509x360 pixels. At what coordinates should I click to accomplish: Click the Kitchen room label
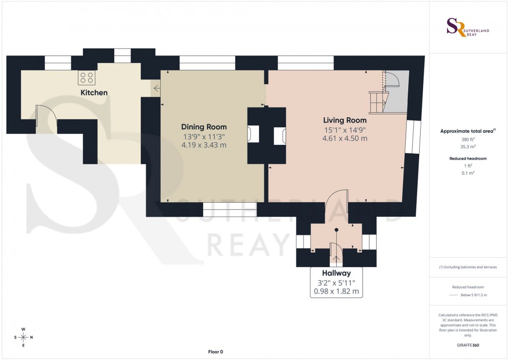click(94, 92)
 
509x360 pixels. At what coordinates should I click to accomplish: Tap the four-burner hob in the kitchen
click(86, 77)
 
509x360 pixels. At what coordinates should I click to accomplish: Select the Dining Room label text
click(204, 127)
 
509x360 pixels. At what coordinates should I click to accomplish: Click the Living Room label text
click(345, 120)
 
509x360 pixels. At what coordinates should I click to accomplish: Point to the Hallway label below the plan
click(336, 273)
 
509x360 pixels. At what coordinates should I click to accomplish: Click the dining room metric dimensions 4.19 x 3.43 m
click(204, 145)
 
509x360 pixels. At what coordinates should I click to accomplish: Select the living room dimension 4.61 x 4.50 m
click(345, 138)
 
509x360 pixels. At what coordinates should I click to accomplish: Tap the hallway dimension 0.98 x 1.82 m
click(336, 292)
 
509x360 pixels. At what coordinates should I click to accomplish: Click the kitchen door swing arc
click(46, 116)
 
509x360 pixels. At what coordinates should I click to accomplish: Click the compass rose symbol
click(23, 337)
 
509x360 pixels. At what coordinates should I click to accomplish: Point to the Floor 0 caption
click(216, 352)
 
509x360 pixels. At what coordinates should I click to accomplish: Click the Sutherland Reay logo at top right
click(467, 27)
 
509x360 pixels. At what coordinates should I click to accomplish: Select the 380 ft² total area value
click(467, 140)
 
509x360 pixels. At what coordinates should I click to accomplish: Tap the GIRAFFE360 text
click(467, 345)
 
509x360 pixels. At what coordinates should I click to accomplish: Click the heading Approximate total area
click(467, 131)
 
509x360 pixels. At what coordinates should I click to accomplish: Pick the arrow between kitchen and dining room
click(157, 89)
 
